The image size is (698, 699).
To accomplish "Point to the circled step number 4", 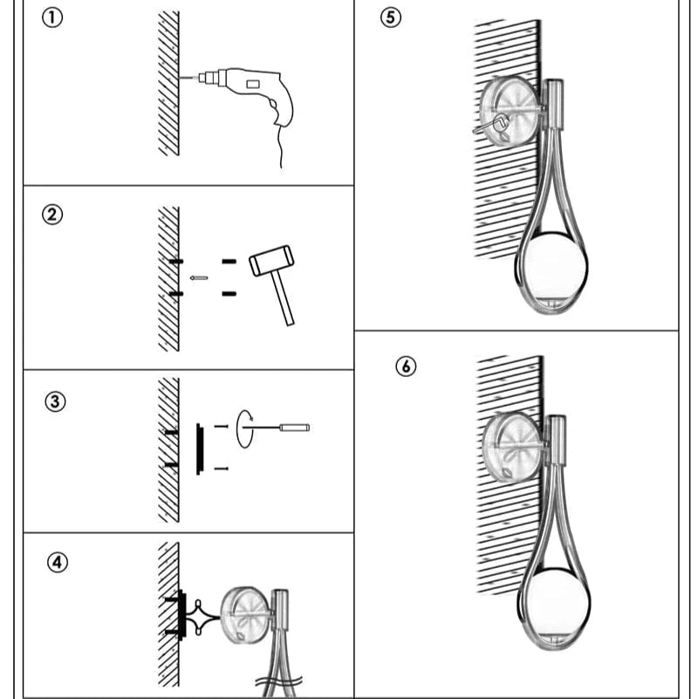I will click(57, 562).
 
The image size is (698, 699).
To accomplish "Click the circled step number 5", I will click(392, 18).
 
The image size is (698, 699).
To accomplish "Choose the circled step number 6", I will click(406, 367).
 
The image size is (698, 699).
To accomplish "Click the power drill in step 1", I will click(253, 86).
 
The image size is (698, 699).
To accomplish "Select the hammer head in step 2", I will click(271, 259).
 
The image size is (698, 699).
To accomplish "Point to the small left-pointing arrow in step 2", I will click(199, 278).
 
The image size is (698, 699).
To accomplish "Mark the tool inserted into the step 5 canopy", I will click(486, 124).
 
